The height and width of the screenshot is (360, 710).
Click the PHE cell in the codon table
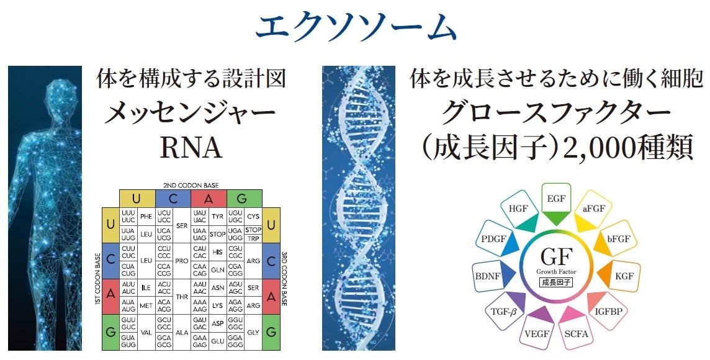coord(146,217)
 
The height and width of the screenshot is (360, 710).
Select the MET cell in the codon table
coord(146,305)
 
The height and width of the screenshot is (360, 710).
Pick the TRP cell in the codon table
coord(253,238)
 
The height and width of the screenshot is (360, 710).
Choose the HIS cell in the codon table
coord(217,253)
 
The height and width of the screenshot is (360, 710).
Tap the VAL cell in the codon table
coord(146,332)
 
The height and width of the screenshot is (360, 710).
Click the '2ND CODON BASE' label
coord(191,185)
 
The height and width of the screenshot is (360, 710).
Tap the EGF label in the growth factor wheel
coord(555,199)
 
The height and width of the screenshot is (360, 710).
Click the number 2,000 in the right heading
coord(591,149)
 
